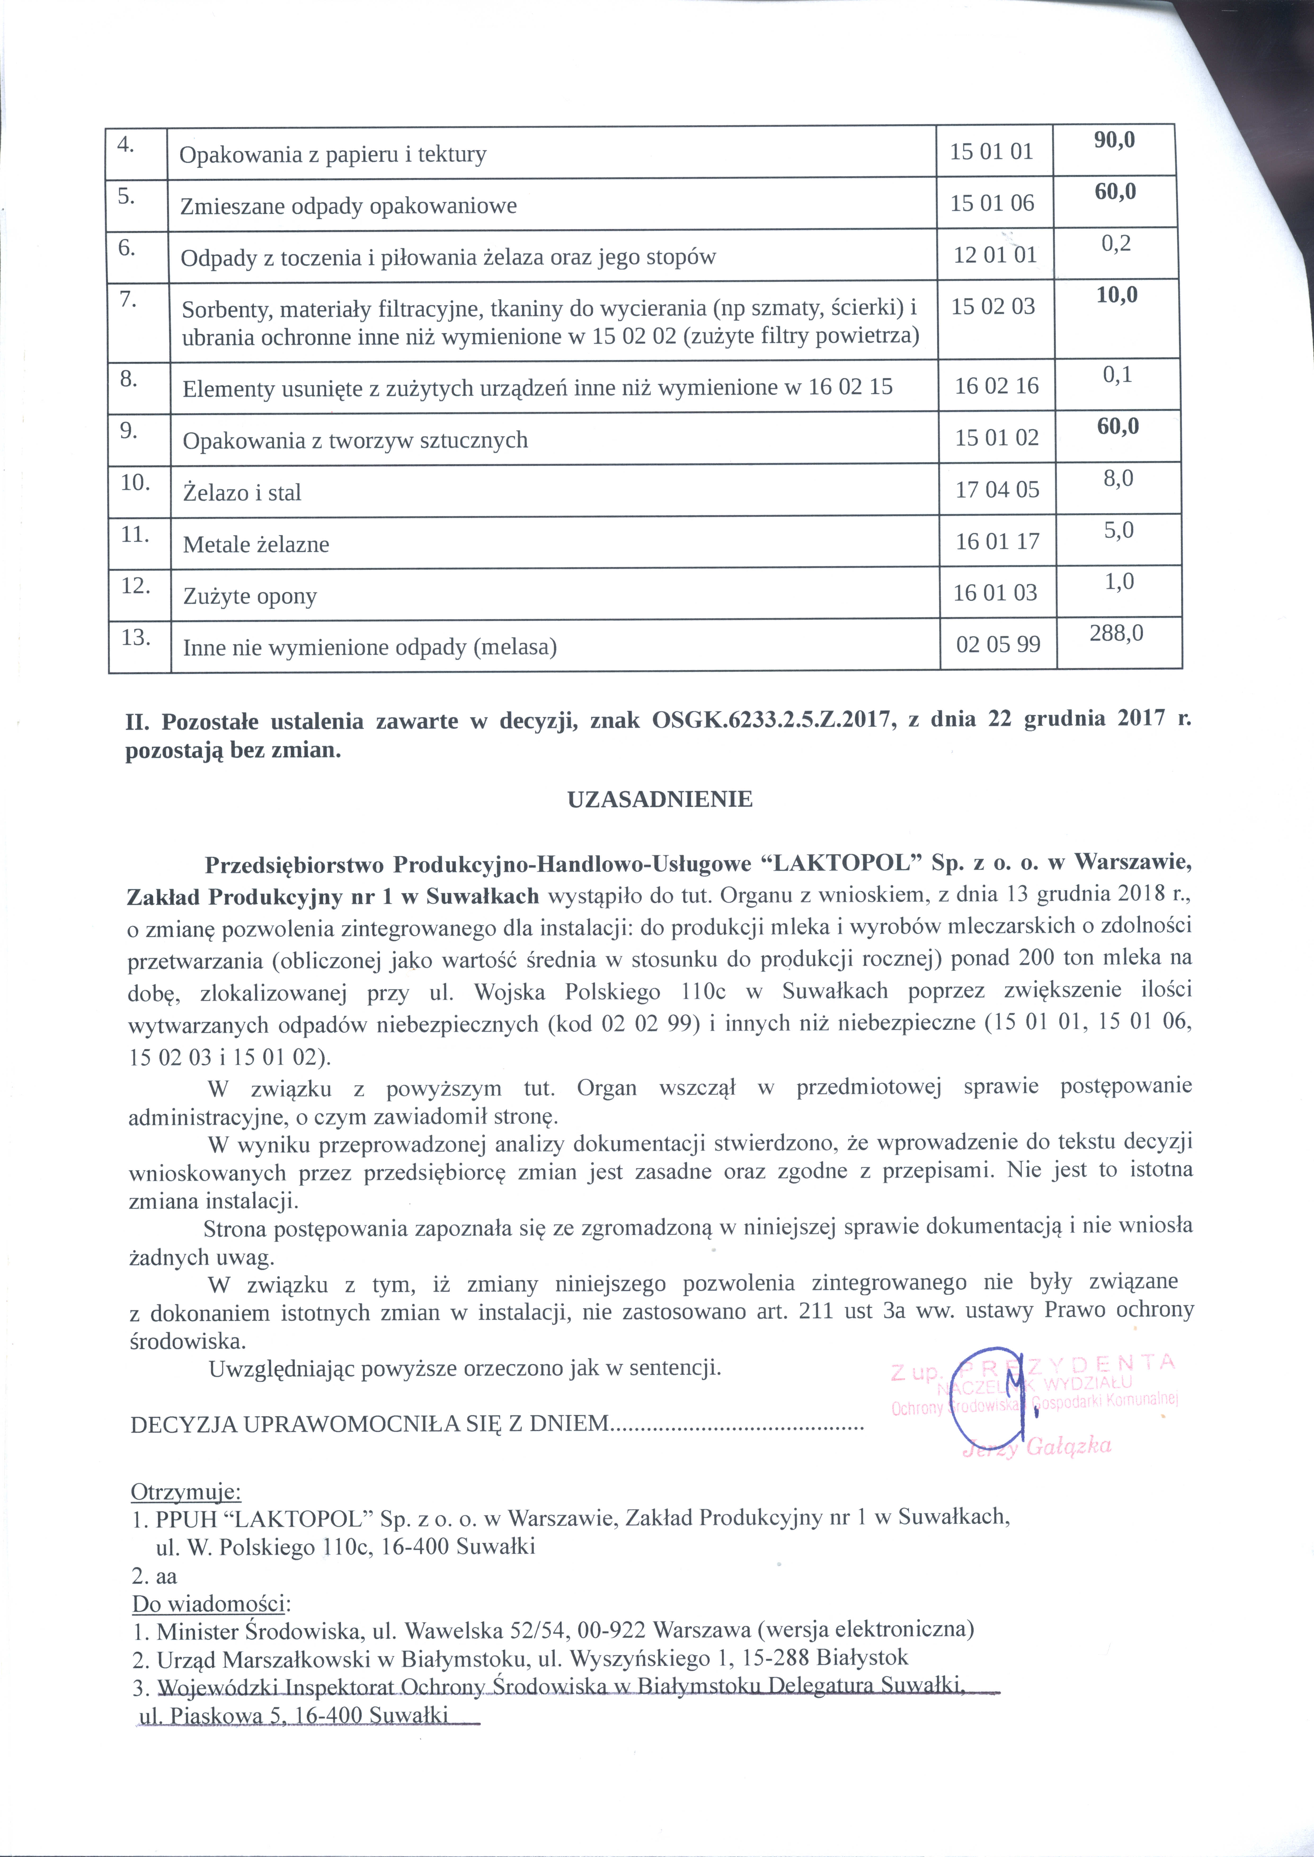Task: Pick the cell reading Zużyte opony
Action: (250, 596)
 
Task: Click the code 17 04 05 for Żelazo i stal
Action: (997, 489)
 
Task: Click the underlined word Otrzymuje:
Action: (185, 1491)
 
